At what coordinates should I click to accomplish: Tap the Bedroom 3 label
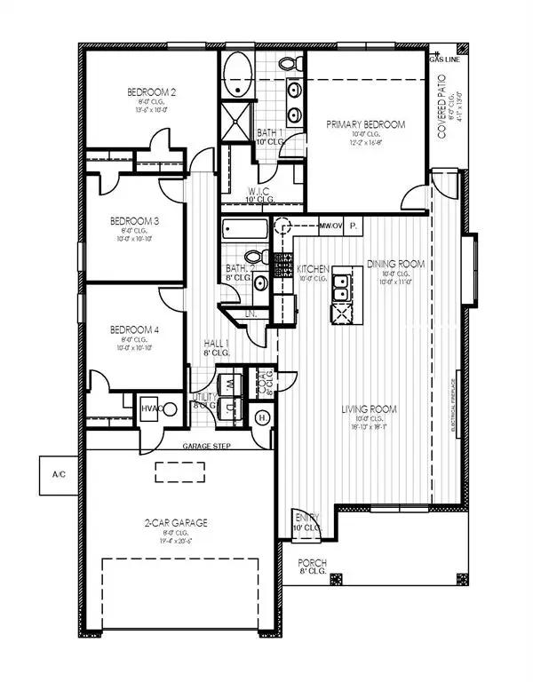click(134, 221)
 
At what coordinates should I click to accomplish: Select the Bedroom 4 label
click(134, 330)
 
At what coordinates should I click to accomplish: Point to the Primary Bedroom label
click(365, 125)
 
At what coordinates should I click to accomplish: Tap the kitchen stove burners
click(286, 265)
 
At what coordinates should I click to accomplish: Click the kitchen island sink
click(342, 312)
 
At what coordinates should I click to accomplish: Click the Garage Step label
click(208, 447)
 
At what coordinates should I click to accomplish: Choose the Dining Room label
click(395, 265)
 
